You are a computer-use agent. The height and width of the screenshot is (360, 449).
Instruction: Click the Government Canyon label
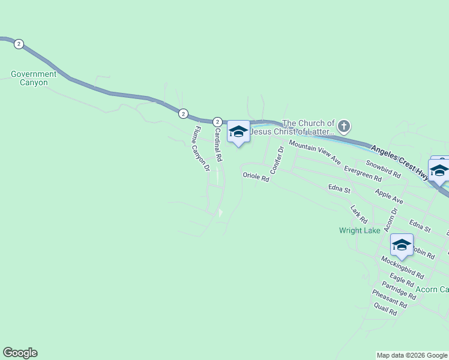pyautogui.click(x=34, y=79)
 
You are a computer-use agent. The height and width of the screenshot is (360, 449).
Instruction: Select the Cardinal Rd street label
pyautogui.click(x=218, y=145)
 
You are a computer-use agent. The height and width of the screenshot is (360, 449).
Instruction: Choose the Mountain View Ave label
pyautogui.click(x=315, y=152)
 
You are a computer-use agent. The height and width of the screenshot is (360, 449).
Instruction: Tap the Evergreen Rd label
pyautogui.click(x=363, y=174)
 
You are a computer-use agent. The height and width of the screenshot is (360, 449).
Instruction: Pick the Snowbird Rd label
pyautogui.click(x=383, y=169)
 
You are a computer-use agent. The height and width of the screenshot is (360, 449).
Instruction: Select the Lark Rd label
pyautogui.click(x=358, y=214)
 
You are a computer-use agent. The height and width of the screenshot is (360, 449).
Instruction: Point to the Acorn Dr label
pyautogui.click(x=389, y=220)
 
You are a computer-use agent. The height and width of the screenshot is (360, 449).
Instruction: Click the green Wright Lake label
pyautogui.click(x=360, y=230)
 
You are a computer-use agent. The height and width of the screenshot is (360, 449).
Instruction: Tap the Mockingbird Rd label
pyautogui.click(x=402, y=268)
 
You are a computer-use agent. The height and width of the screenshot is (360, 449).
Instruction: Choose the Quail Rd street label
pyautogui.click(x=385, y=309)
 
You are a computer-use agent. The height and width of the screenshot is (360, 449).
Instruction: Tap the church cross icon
pyautogui.click(x=343, y=127)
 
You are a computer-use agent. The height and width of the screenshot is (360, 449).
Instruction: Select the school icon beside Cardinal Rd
pyautogui.click(x=238, y=132)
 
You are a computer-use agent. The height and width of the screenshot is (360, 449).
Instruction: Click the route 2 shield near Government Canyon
pyautogui.click(x=19, y=44)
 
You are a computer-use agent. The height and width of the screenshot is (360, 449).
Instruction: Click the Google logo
pyautogui.click(x=20, y=353)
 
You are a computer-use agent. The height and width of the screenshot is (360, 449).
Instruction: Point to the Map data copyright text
pyautogui.click(x=412, y=355)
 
